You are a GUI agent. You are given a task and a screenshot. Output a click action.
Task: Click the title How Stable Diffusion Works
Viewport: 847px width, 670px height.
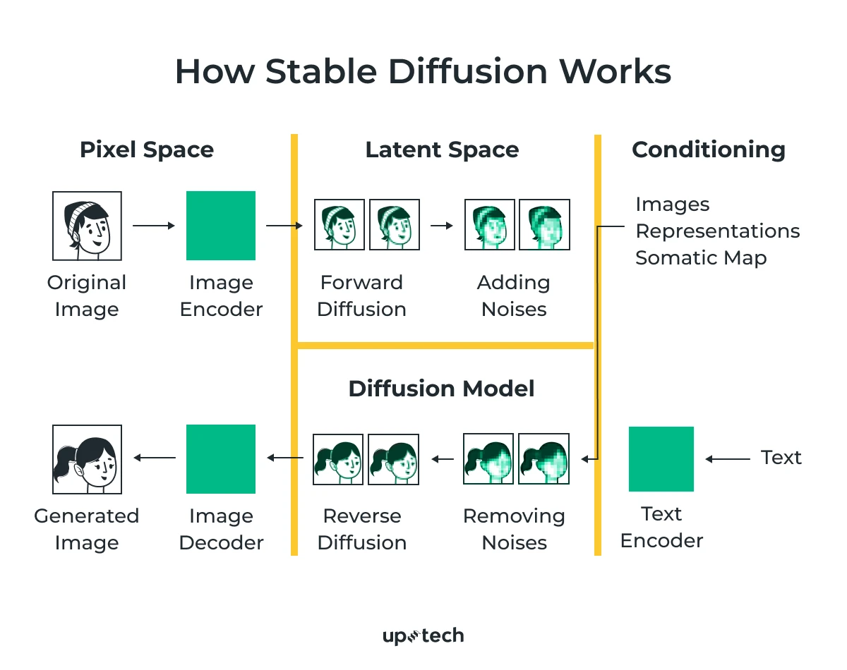pos(423,72)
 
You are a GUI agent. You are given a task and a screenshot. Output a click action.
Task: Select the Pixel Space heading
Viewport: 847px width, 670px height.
pos(147,150)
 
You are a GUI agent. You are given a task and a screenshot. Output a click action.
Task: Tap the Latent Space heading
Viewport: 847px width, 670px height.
pos(442,150)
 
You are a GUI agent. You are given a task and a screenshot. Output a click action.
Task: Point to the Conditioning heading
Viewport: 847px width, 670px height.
pos(708,150)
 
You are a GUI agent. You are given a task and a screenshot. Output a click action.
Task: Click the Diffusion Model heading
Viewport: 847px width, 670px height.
pos(441,389)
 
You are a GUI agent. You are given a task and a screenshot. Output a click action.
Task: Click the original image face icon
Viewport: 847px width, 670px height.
pos(87,226)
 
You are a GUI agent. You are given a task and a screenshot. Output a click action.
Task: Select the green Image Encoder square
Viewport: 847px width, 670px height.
pos(221,226)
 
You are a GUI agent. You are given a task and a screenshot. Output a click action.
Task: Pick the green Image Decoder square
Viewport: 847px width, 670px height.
pos(221,458)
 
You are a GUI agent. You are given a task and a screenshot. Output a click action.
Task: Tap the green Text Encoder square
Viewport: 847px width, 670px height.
pos(661,458)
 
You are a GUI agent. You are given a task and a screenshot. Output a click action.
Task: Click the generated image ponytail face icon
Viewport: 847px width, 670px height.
pos(87,458)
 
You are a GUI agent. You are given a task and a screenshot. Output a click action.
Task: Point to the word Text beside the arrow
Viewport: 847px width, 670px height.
pos(781,458)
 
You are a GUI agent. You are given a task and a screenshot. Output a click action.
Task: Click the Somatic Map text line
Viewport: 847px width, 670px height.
pos(700,258)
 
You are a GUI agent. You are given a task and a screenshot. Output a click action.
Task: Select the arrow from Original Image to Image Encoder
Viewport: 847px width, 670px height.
pos(153,226)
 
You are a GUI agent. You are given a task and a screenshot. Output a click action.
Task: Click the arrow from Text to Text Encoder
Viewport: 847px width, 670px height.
pos(727,459)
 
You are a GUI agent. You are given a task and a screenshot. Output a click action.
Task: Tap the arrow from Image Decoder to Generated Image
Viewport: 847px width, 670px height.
pos(154,458)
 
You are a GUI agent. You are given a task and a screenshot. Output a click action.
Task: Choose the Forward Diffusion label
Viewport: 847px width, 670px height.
pos(361,296)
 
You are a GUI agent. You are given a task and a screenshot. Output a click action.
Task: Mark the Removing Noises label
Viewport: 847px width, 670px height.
pos(514,529)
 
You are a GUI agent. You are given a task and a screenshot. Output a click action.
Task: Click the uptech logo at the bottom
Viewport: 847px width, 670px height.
pos(423,636)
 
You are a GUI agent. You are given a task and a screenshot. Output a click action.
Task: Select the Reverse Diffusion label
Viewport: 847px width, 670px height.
pos(361,529)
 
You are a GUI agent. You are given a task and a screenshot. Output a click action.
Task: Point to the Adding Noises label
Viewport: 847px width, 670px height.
pos(514,296)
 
